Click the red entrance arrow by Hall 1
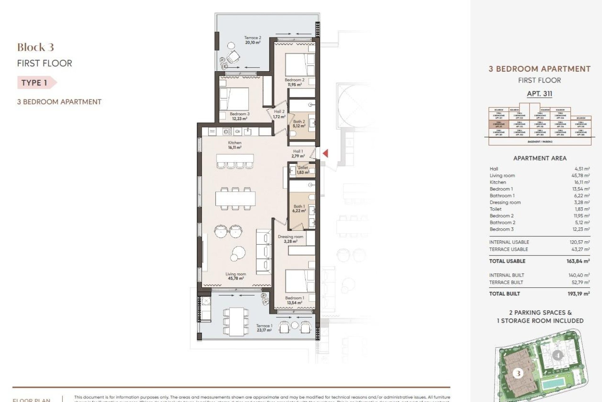[326, 154]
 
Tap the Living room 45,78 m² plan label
[236, 276]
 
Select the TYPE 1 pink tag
[35, 83]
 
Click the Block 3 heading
[35, 47]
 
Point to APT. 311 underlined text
[539, 94]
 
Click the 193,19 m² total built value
[579, 294]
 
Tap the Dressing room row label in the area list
[505, 202]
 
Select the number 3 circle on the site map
[518, 373]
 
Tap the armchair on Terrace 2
[233, 57]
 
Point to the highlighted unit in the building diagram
[499, 125]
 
